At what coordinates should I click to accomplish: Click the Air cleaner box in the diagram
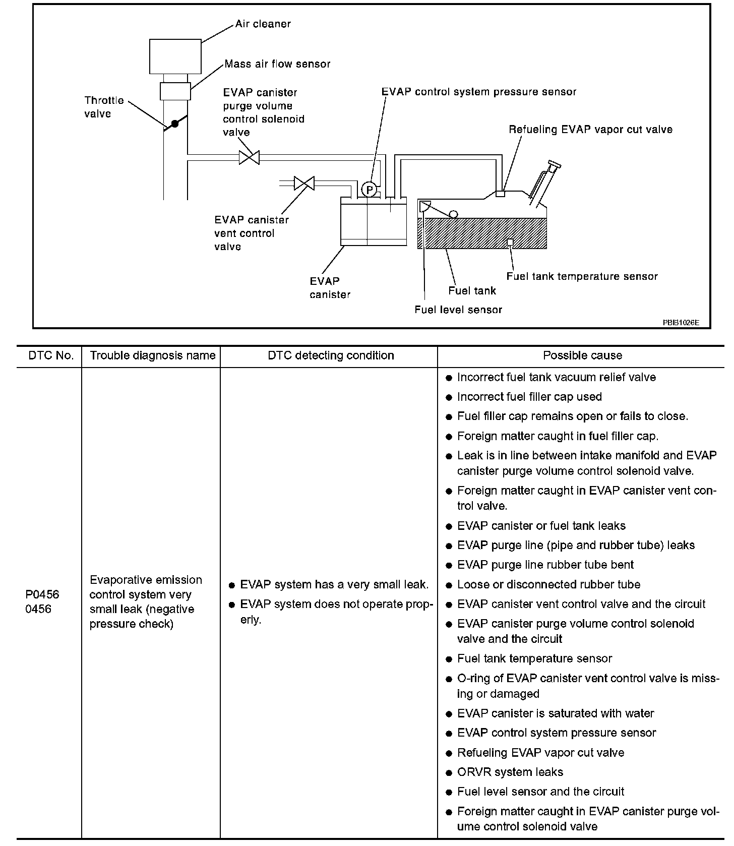(x=175, y=56)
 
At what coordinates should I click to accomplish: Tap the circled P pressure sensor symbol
(x=370, y=190)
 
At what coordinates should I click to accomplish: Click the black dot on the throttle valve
(x=174, y=123)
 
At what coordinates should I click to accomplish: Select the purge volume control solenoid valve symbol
(x=249, y=157)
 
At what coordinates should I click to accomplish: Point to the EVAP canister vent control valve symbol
(x=304, y=183)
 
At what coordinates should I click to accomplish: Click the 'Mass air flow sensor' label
(x=277, y=64)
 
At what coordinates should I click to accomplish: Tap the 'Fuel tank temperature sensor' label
(x=582, y=276)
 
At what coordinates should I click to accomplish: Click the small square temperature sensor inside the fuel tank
(x=510, y=243)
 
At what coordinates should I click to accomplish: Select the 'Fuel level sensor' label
(x=458, y=310)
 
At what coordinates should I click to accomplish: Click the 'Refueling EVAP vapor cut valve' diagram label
(x=590, y=130)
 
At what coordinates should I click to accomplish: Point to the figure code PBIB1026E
(x=681, y=322)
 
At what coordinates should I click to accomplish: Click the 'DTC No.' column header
(x=51, y=355)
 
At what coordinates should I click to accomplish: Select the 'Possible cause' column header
(x=582, y=355)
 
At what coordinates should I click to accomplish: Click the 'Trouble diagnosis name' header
(x=152, y=355)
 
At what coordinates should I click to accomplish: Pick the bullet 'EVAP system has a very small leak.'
(x=334, y=585)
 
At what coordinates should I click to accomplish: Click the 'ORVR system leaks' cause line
(x=510, y=772)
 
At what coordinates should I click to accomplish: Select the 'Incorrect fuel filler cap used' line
(x=529, y=397)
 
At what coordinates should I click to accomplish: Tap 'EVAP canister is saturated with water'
(x=555, y=713)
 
